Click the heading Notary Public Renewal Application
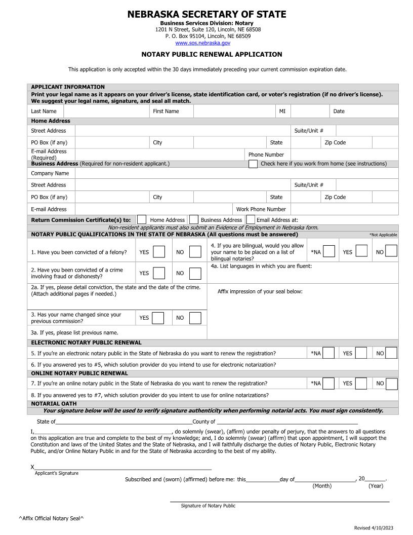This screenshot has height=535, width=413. pyautogui.click(x=212, y=54)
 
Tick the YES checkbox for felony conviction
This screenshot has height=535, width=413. pyautogui.click(x=159, y=252)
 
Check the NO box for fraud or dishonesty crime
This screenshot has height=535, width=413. pyautogui.click(x=195, y=273)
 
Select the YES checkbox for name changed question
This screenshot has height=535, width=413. pyautogui.click(x=158, y=318)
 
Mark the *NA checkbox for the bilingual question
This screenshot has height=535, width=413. pyautogui.click(x=328, y=251)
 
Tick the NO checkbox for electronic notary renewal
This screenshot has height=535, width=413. pyautogui.click(x=391, y=353)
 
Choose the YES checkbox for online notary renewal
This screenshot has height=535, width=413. pyautogui.click(x=361, y=384)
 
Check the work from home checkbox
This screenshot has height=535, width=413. pyautogui.click(x=253, y=164)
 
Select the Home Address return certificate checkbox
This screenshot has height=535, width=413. pyautogui.click(x=142, y=220)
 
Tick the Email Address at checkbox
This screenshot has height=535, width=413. pyautogui.click(x=251, y=220)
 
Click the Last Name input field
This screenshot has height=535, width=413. pyautogui.click(x=105, y=111)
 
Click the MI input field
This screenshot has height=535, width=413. pyautogui.click(x=310, y=111)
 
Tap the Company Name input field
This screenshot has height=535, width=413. pyautogui.click(x=236, y=173)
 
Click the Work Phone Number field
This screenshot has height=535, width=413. pyautogui.click(x=344, y=209)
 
